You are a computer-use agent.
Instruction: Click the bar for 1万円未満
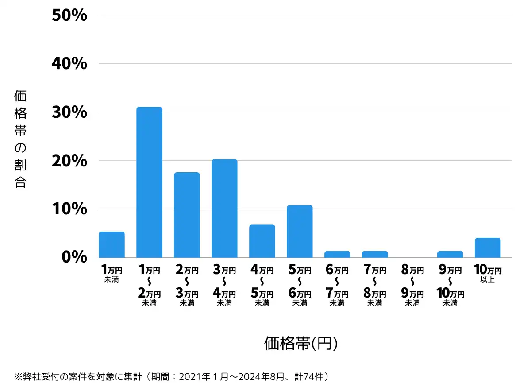tap(112, 244)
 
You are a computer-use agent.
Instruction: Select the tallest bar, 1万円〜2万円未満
tap(149, 182)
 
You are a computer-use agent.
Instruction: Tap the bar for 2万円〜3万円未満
tap(187, 215)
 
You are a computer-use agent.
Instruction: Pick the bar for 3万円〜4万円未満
tap(224, 208)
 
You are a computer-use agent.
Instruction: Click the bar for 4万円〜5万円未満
tap(262, 241)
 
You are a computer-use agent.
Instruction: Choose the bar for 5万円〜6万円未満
tap(300, 231)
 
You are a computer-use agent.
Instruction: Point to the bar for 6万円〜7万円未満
tap(337, 254)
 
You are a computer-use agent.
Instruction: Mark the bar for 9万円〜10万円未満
tap(450, 254)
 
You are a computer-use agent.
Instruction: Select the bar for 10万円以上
tap(488, 248)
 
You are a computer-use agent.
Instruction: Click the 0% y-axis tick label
tap(74, 257)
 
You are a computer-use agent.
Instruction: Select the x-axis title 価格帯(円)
tap(301, 343)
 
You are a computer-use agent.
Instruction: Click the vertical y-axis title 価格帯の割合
tap(20, 139)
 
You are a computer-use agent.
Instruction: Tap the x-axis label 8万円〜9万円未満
tap(412, 286)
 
